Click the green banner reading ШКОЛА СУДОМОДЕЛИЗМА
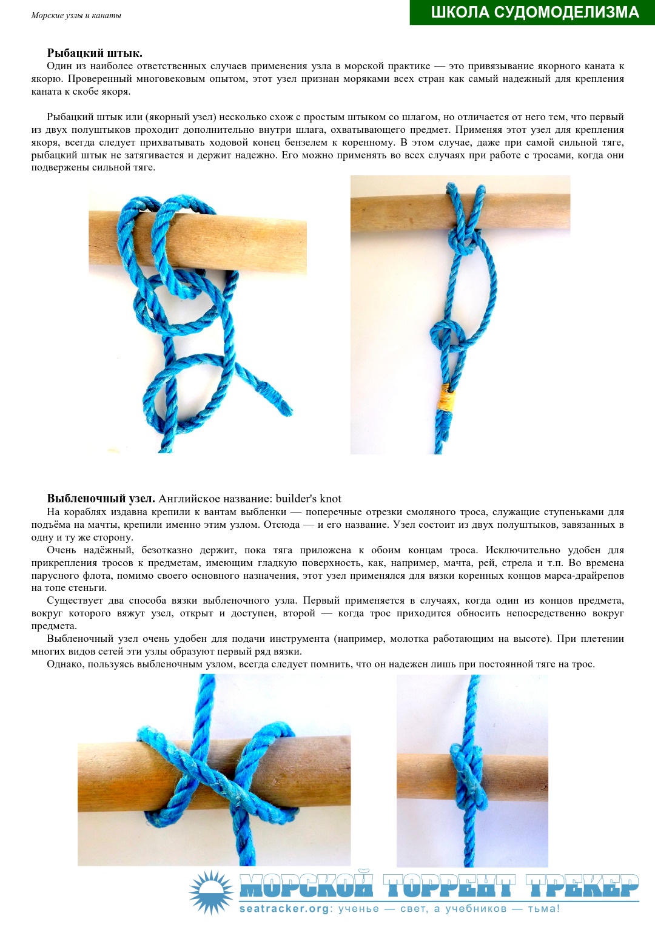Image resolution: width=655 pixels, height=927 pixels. pos(532,12)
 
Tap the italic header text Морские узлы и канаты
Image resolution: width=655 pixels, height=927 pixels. pos(76,16)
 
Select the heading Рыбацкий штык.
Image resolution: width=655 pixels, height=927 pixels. pos(95,53)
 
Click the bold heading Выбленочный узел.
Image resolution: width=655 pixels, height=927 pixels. pos(101,498)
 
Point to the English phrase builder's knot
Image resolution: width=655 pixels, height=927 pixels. pos(308,498)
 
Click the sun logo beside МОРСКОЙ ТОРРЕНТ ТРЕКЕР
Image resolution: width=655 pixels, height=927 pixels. pos(212,892)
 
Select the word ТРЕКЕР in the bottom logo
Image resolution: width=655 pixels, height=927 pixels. pos(582,887)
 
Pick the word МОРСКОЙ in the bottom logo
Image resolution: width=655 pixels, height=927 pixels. pos(306,887)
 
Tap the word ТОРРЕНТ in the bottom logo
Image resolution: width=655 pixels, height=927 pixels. pos(449,887)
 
